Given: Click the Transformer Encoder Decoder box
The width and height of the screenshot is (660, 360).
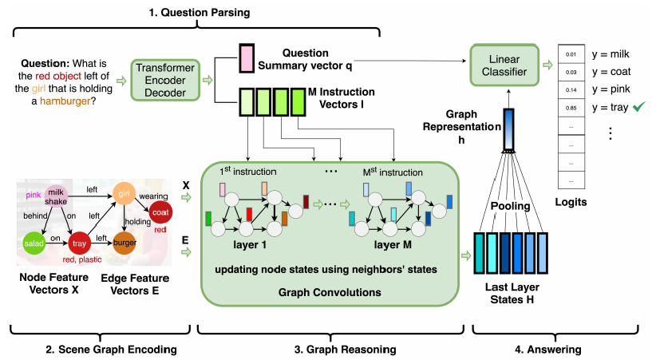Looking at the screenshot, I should (x=164, y=81).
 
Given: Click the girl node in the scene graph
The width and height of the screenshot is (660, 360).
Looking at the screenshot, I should (x=124, y=192).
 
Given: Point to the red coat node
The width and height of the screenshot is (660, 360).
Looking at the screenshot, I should (x=160, y=212).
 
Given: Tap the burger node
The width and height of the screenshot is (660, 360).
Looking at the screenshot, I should (x=124, y=243).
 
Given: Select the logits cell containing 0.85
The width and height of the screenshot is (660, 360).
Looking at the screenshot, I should (x=569, y=108).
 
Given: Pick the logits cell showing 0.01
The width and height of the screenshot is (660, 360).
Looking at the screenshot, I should (x=569, y=54).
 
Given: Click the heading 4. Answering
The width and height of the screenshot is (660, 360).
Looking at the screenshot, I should (x=548, y=349).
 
